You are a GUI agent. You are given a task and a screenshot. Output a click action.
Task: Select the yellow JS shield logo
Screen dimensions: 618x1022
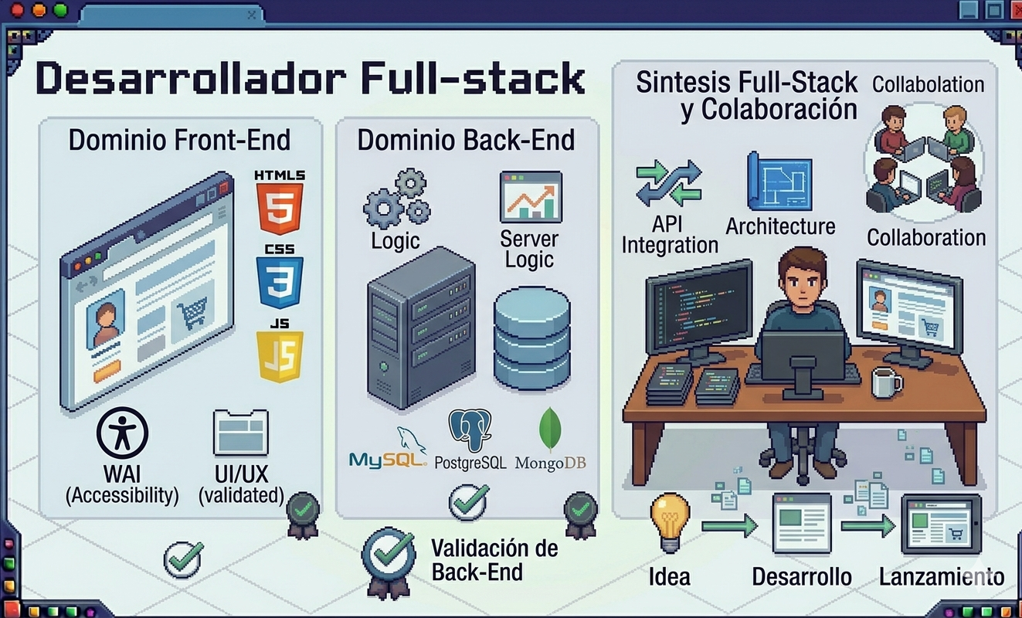click(x=280, y=356)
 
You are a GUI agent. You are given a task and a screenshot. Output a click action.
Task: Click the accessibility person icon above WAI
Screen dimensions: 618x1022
click(x=122, y=433)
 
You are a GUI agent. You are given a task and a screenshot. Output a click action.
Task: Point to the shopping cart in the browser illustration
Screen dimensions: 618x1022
click(x=192, y=313)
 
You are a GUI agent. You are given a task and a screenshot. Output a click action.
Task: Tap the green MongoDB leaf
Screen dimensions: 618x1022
click(x=550, y=430)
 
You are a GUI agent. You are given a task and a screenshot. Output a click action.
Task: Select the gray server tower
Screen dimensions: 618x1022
click(x=420, y=328)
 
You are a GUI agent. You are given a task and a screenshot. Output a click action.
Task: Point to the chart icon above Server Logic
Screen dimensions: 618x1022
click(x=531, y=197)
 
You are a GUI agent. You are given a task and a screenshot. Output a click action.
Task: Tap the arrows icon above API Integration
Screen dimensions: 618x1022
click(x=669, y=184)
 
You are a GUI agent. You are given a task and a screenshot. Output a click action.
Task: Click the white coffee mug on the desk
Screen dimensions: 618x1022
click(x=885, y=382)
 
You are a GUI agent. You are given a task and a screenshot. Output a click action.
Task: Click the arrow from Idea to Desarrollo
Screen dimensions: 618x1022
click(x=729, y=527)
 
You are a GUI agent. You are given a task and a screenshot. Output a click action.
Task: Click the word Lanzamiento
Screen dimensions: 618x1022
click(x=941, y=576)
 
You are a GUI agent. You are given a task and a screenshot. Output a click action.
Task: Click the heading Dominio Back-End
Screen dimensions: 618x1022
click(x=466, y=140)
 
